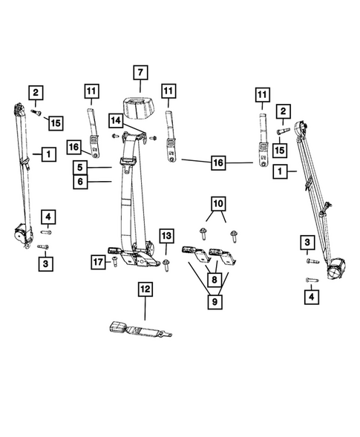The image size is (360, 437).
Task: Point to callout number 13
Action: coord(166,236)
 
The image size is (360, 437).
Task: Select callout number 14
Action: coord(115,119)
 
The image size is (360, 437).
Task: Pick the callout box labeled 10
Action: coord(217,203)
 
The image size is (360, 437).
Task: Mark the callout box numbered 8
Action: coord(215,280)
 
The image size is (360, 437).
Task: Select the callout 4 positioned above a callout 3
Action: coord(47,217)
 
